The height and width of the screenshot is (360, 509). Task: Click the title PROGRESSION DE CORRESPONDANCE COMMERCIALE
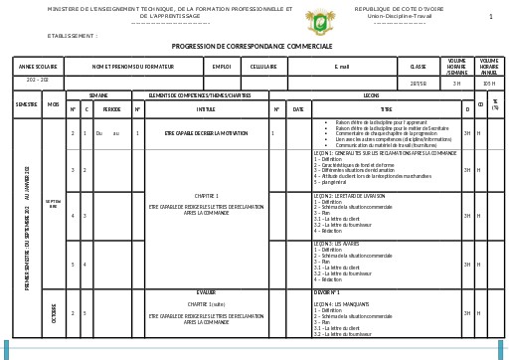(x=252, y=46)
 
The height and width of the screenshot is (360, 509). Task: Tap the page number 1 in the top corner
(x=490, y=17)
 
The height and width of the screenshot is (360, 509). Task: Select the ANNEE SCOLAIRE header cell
(x=38, y=67)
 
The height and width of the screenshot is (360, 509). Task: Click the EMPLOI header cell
(x=221, y=67)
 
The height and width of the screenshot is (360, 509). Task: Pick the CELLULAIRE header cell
(x=263, y=67)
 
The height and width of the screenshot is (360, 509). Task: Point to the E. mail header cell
(x=342, y=67)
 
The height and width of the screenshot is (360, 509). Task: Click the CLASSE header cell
(x=418, y=67)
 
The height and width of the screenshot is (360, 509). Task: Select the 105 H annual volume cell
(x=489, y=84)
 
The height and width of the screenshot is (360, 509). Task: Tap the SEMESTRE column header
(x=27, y=104)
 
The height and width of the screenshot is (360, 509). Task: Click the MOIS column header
(x=54, y=104)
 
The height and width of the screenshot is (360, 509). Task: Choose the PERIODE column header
(x=112, y=108)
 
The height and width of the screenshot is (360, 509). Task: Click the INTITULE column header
(x=206, y=108)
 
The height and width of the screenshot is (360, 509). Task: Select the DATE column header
(x=297, y=108)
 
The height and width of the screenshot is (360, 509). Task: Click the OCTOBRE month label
(x=54, y=312)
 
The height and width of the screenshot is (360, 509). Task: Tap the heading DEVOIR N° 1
(x=328, y=293)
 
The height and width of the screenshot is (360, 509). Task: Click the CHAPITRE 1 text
(x=206, y=196)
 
